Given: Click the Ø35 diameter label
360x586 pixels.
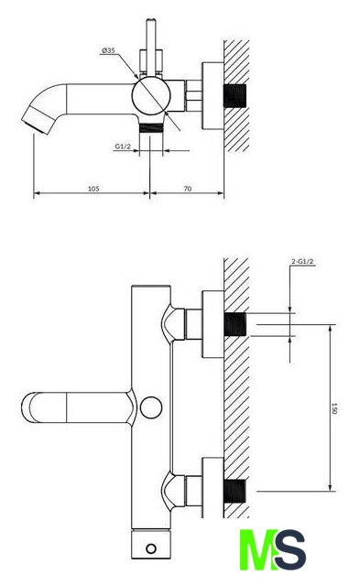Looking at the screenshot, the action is (108, 50).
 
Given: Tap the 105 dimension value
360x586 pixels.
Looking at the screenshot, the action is (93, 189).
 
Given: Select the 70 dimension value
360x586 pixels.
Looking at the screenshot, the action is (188, 189).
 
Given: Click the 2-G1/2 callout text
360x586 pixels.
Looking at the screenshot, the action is (302, 262).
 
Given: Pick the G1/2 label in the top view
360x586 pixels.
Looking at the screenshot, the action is (123, 146).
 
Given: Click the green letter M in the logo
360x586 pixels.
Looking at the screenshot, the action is (258, 549).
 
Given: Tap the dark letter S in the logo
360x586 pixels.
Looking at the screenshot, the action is (290, 549).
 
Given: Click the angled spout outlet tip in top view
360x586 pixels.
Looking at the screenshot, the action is (37, 121).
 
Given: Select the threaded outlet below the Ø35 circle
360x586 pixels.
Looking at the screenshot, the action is (151, 128).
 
